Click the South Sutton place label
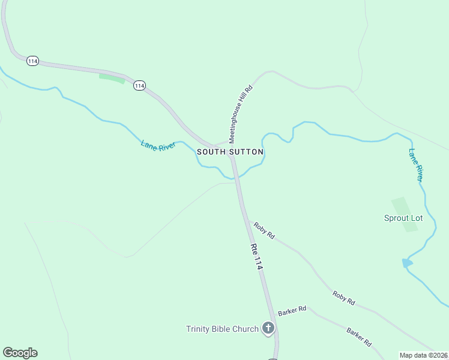230,152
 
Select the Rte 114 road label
256,256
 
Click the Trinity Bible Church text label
222,329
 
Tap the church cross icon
268,328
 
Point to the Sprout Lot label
403,218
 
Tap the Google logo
20,353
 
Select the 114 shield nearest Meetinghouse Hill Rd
139,85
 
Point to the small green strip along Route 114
112,78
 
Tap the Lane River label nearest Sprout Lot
416,165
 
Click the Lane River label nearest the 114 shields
157,145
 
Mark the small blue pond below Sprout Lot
408,263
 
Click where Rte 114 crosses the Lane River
236,177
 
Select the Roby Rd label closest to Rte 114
264,230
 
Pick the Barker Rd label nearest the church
292,310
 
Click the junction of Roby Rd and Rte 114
247,220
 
